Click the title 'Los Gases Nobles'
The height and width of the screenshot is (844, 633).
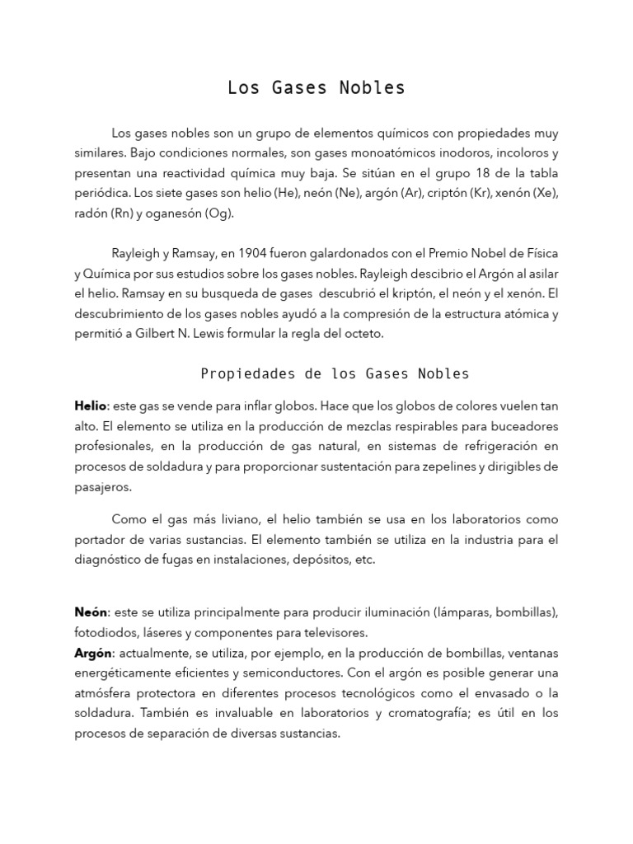[316, 88]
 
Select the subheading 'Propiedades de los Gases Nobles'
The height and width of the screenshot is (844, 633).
[335, 374]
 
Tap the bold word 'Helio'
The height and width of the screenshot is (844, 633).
[90, 406]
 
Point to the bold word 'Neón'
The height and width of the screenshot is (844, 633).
[91, 612]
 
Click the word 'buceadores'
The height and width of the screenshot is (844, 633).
[519, 426]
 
